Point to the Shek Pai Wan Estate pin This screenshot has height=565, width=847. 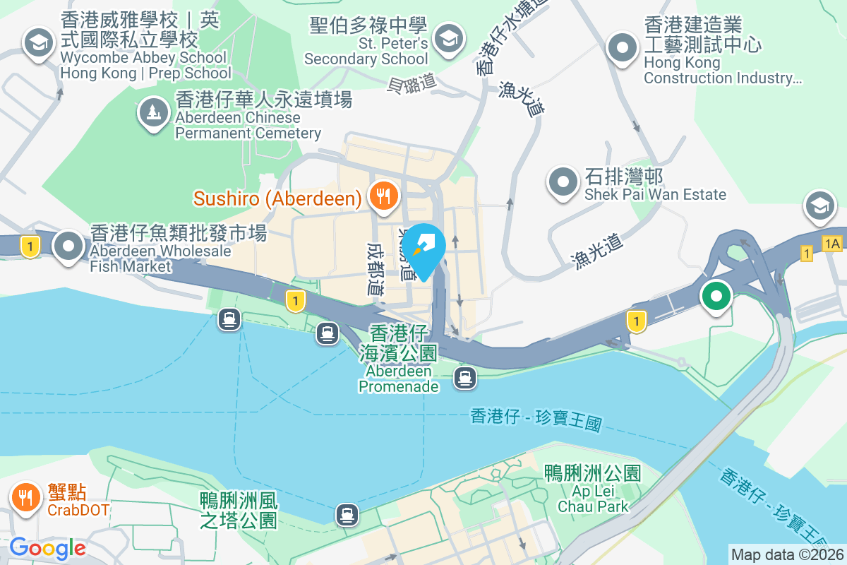tap(563, 182)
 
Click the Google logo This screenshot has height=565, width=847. tap(47, 548)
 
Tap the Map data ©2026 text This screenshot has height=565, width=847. tap(787, 554)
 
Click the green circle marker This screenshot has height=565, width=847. tap(716, 296)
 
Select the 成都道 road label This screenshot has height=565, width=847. tap(375, 269)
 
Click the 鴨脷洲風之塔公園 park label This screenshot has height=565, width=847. tap(239, 511)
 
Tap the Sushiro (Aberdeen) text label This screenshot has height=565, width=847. tap(277, 198)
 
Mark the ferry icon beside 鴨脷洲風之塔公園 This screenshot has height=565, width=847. tap(346, 513)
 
